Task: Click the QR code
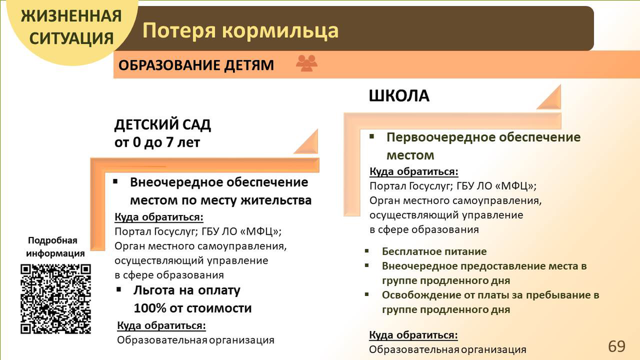[x=56, y=299]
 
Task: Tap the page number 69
[x=616, y=346]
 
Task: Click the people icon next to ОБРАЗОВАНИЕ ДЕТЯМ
[x=306, y=63]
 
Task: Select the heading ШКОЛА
[x=399, y=96]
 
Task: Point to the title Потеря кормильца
[x=240, y=31]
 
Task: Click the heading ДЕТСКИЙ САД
[x=162, y=125]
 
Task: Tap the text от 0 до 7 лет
[x=157, y=142]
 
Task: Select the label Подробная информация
[x=55, y=247]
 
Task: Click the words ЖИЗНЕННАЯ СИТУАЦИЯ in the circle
[x=72, y=27]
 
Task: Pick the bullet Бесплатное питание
[x=434, y=252]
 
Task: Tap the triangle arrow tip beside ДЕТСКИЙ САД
[x=306, y=142]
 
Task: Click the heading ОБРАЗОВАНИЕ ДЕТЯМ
[x=196, y=65]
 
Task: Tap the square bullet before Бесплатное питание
[x=367, y=251]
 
